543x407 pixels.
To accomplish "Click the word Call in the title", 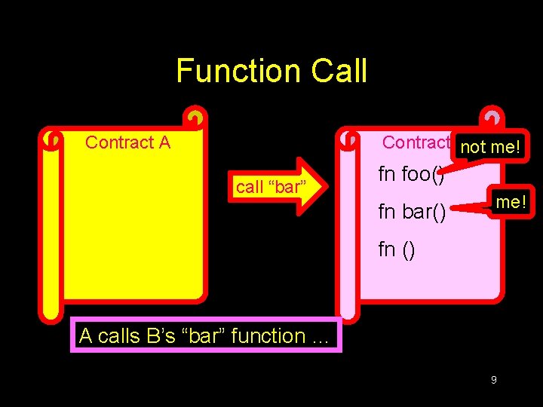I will [x=339, y=72].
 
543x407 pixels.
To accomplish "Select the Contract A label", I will [x=127, y=142].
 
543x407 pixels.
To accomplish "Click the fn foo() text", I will [x=411, y=175].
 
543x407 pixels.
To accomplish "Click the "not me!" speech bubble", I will [x=490, y=147].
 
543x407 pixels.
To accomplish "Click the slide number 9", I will [x=493, y=380].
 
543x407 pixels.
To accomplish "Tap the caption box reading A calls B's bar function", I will [x=205, y=336].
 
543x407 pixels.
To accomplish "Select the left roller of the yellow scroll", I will [x=51, y=226].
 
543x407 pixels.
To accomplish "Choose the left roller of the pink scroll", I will [x=348, y=226].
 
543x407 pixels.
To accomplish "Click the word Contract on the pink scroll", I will [x=416, y=142].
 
